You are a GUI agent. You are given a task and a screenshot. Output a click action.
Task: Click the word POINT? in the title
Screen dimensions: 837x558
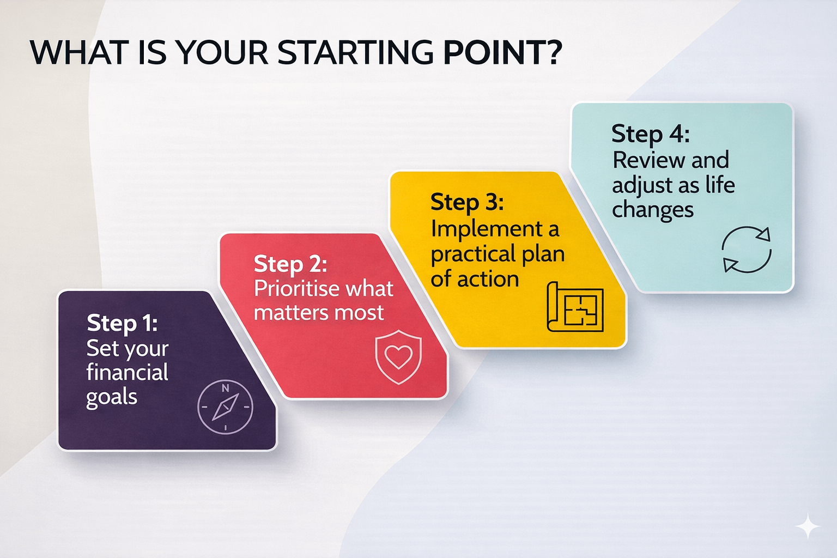(x=502, y=52)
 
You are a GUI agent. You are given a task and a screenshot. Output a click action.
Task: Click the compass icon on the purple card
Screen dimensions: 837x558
(x=225, y=407)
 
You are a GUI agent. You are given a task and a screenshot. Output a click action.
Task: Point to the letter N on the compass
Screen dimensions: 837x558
(x=225, y=389)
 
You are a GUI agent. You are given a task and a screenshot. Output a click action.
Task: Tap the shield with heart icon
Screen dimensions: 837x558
(x=398, y=357)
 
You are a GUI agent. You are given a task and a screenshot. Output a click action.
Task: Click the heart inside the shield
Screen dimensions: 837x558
(x=398, y=356)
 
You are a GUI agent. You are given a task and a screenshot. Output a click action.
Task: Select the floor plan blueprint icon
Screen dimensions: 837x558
(x=575, y=306)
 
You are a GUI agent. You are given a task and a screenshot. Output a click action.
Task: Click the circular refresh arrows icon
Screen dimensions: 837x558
(x=746, y=249)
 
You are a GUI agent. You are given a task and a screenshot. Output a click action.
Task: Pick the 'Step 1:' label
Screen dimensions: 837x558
(x=122, y=323)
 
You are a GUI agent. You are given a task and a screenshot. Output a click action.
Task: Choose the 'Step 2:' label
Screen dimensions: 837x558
(x=290, y=264)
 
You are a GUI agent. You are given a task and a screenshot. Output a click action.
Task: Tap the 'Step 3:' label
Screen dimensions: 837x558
(x=467, y=202)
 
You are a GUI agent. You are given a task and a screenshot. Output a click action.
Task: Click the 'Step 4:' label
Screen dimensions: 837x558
(x=650, y=134)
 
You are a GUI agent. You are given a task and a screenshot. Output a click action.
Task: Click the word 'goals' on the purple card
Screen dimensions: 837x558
(x=112, y=397)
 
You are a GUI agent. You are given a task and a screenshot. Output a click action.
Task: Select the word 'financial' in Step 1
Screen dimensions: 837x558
(x=128, y=372)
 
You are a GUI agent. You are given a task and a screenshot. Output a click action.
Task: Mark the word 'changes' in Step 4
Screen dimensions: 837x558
(x=653, y=210)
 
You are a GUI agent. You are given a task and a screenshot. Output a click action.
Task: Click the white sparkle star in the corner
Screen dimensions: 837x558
(x=807, y=526)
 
